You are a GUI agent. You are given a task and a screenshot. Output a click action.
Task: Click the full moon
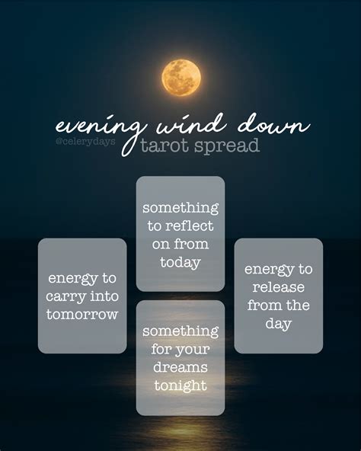[x=181, y=78]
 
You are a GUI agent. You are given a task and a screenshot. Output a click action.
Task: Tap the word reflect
[x=197, y=225]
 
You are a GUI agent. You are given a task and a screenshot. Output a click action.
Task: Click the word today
[x=180, y=262]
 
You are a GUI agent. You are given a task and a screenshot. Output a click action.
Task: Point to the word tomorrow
[x=82, y=314]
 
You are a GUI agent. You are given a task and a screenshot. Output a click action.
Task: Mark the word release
[x=279, y=287]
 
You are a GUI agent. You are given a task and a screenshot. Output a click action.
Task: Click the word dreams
[x=180, y=367]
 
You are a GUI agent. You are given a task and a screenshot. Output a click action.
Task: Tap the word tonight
[x=180, y=385]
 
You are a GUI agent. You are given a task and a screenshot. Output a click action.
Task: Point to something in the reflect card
[x=180, y=207]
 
